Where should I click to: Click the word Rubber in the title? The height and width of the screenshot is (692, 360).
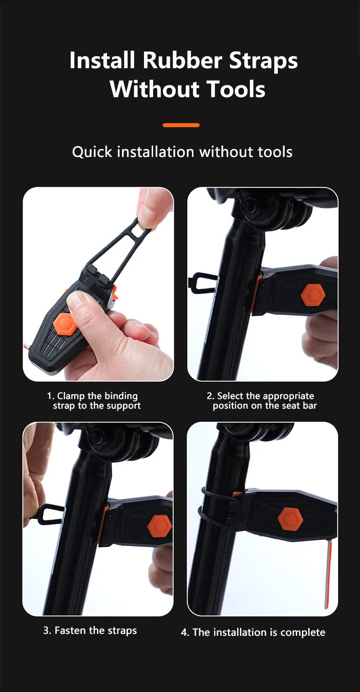pos(182,60)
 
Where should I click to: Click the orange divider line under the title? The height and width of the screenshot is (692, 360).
pos(181,125)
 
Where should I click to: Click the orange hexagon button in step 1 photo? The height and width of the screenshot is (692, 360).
pos(65,324)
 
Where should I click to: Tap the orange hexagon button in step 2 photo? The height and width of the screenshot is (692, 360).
pos(313,295)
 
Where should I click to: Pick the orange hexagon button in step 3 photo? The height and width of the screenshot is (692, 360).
pos(159,525)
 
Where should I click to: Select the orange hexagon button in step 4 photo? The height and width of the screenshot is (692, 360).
pos(290,519)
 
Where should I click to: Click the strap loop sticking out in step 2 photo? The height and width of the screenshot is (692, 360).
pos(201,282)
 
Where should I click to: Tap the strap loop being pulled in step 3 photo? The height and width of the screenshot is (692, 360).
pos(49,514)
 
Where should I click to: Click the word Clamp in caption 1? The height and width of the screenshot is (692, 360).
pos(71,396)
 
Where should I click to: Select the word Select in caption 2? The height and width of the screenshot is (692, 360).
pos(230,396)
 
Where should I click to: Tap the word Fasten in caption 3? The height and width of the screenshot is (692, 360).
pos(71,630)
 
